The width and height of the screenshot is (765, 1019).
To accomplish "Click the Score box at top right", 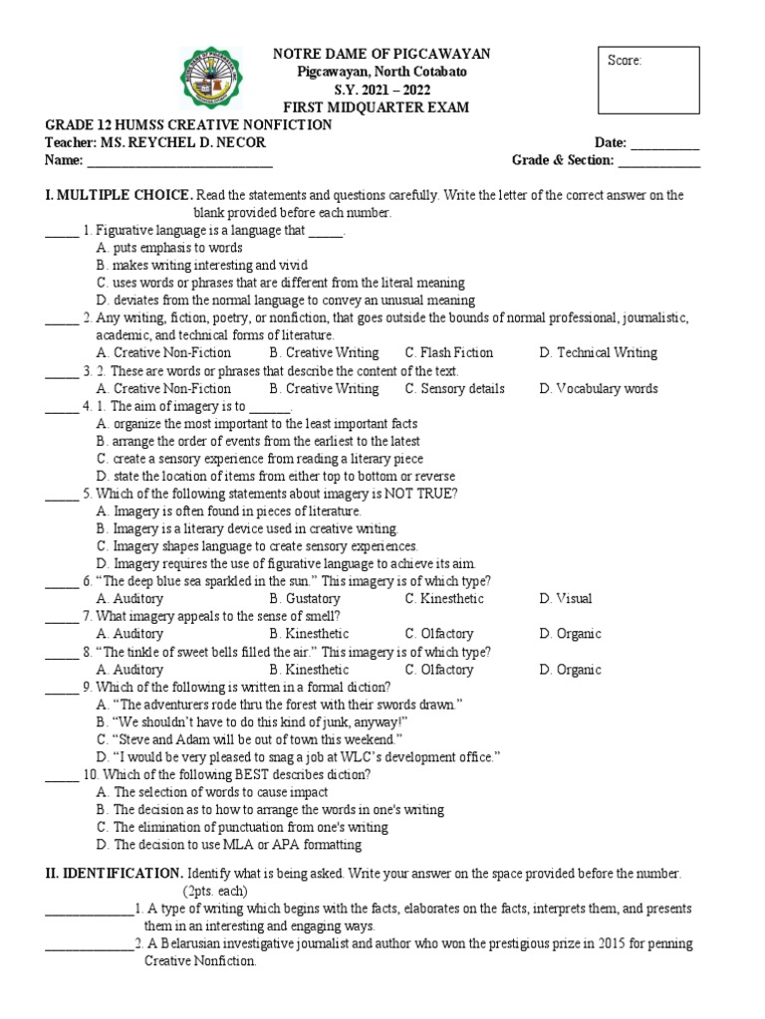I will click(x=647, y=79).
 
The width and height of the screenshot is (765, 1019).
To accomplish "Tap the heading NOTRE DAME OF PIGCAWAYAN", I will click(x=382, y=53).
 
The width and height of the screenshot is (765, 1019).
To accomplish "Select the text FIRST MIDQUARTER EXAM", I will click(x=382, y=106).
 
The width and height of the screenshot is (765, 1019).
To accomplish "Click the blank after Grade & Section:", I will click(x=659, y=160).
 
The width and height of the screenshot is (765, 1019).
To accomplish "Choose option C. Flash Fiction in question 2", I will click(x=448, y=352).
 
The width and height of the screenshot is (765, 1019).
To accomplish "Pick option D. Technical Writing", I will click(x=598, y=352).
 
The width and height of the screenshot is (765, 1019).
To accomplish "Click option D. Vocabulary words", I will click(x=598, y=388).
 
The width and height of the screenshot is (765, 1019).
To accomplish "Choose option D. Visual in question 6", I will click(x=566, y=598).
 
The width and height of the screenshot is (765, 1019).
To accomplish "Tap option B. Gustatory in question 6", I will click(x=305, y=598).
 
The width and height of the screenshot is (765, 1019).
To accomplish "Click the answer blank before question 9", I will click(x=62, y=687).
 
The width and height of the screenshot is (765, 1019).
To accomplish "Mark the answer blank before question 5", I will click(x=62, y=494).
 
